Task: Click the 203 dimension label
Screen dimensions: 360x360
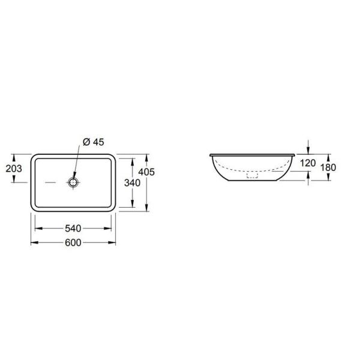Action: coord(14,169)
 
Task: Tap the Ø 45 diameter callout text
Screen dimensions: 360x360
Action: coord(94,142)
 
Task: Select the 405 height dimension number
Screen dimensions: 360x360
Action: coord(146,172)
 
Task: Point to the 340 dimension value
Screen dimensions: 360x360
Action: coord(132,183)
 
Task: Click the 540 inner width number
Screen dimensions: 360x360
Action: coord(73,229)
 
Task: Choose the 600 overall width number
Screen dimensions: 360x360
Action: coord(73,242)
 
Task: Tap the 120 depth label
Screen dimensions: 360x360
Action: coord(308,163)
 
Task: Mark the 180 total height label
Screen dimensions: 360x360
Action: coord(328,167)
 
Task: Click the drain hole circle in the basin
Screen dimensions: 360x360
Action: coord(73,182)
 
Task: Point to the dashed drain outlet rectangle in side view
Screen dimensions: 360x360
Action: coord(253,175)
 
